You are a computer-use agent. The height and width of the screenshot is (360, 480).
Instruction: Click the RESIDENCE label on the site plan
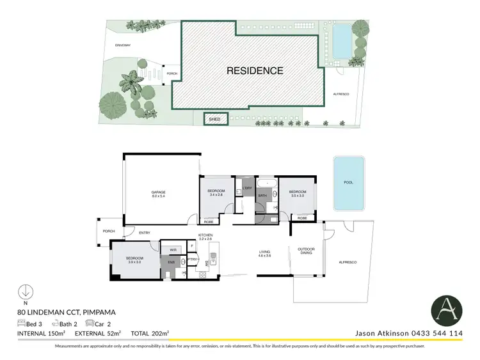(x=255, y=70)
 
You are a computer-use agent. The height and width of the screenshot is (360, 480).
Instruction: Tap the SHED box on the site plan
(x=216, y=119)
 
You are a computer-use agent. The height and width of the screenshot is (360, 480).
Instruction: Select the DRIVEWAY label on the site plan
(x=123, y=45)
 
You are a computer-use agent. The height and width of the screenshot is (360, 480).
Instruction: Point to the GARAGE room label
(x=158, y=194)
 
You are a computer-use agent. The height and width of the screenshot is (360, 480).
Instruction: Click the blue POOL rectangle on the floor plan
(x=348, y=183)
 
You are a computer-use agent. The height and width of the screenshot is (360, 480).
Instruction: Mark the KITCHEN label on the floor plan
(x=205, y=237)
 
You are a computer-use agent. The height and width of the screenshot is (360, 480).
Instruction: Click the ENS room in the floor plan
(x=171, y=263)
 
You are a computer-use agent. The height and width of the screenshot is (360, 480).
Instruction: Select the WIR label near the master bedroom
(x=173, y=249)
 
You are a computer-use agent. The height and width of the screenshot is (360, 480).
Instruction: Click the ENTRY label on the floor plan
(x=144, y=233)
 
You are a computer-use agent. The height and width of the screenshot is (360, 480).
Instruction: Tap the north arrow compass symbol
(x=24, y=291)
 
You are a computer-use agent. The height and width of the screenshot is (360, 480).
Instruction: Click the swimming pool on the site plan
(x=342, y=40)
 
